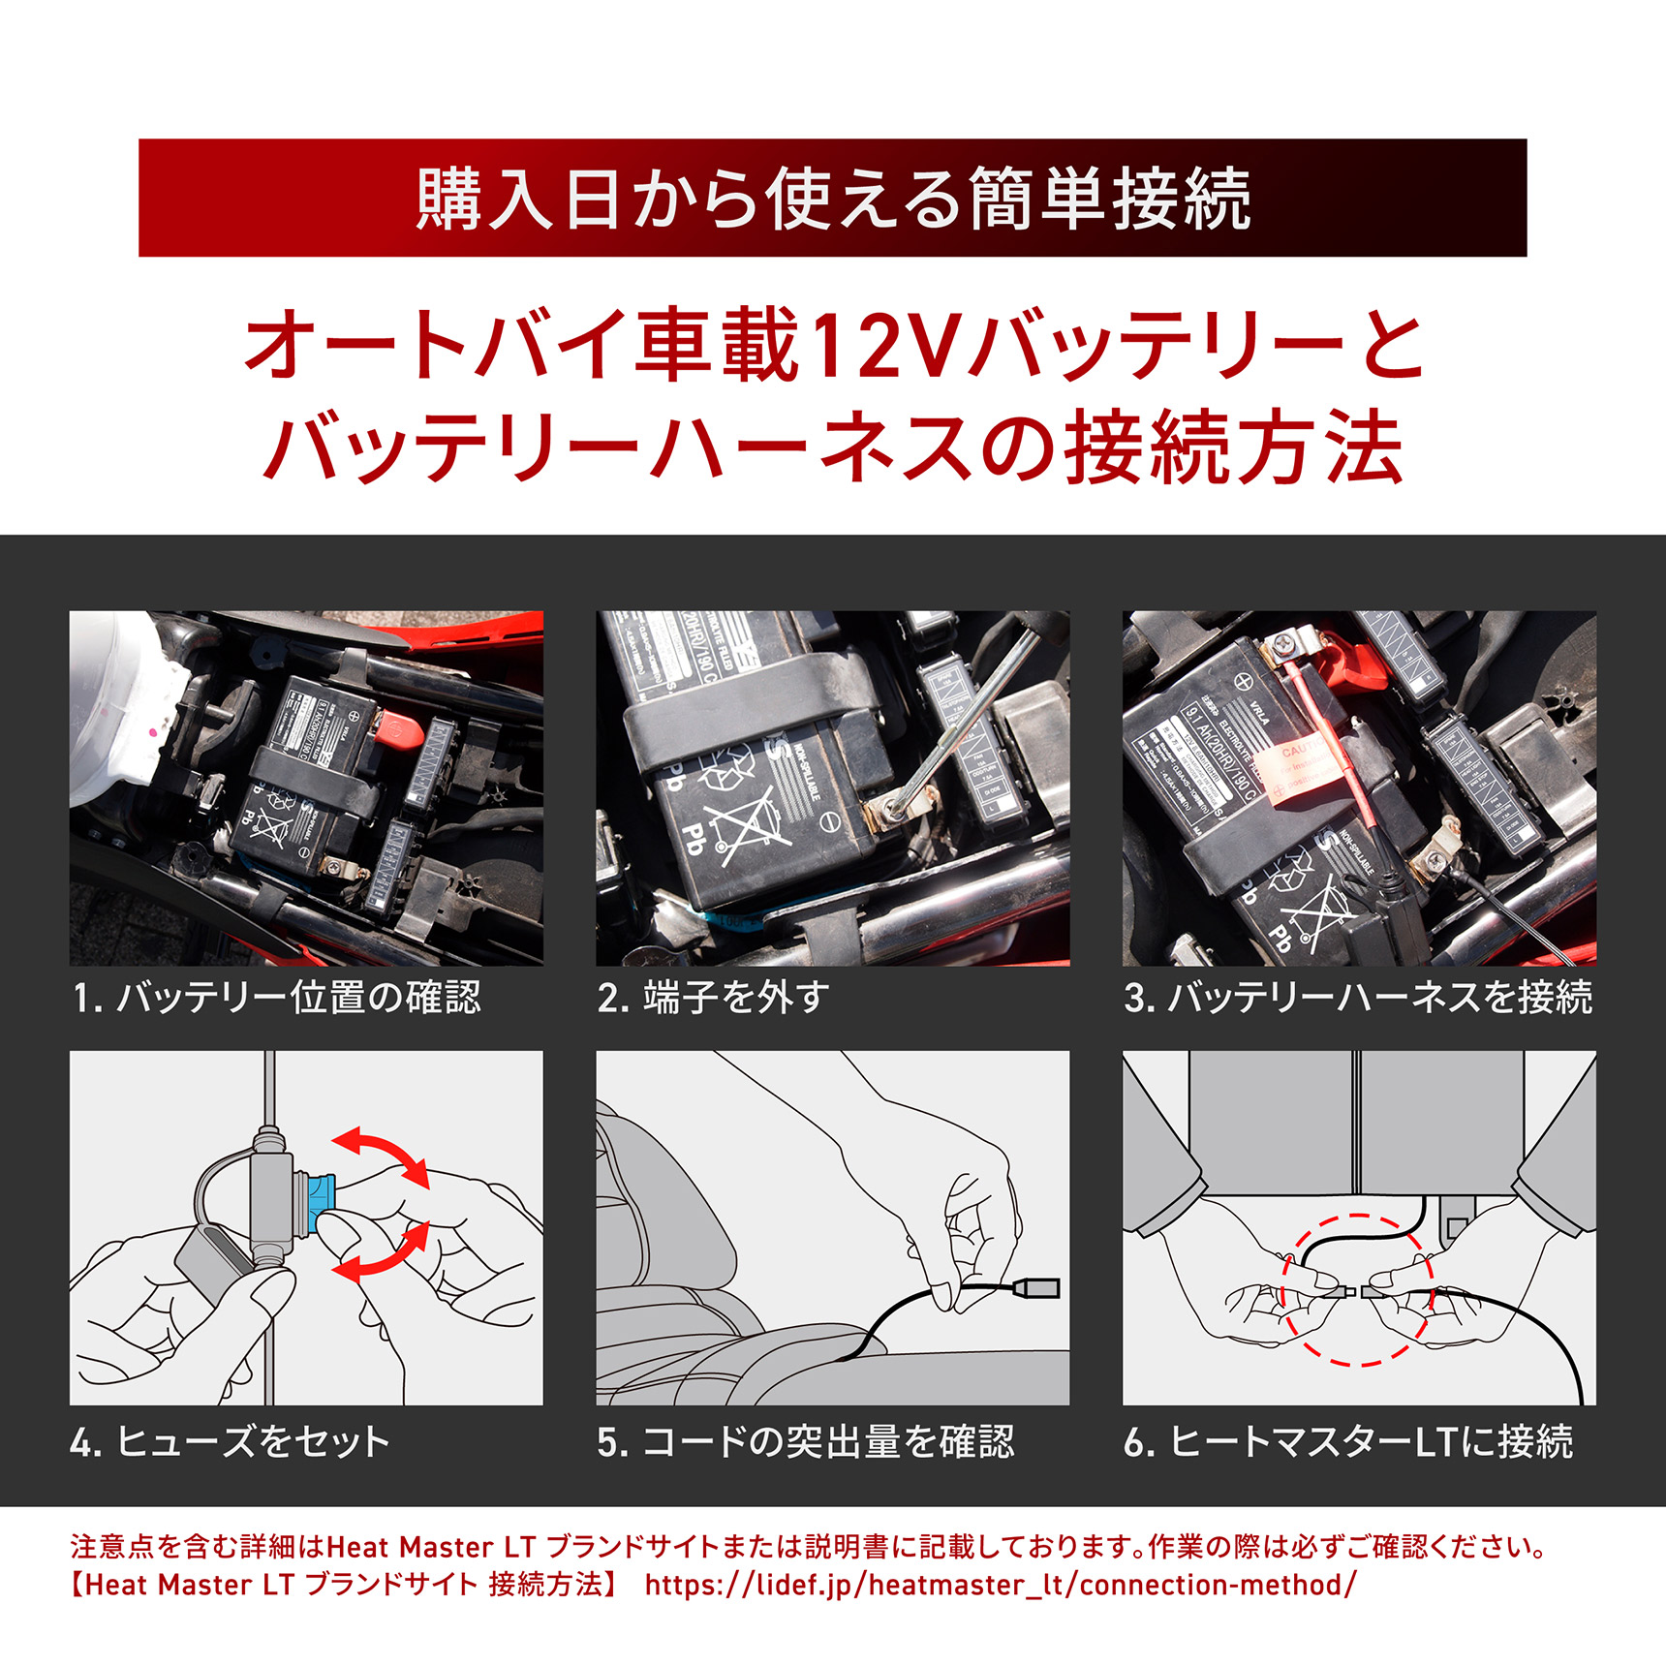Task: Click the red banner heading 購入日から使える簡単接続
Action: click(x=833, y=199)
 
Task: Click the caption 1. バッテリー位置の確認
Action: click(x=277, y=998)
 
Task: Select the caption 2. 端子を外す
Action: click(x=714, y=998)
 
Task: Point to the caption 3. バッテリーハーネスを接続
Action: click(x=1358, y=998)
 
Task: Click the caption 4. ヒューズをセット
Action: click(x=231, y=1441)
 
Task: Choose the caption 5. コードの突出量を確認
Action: click(x=806, y=1441)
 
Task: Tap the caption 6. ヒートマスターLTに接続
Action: click(x=1348, y=1441)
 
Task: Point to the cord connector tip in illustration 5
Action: click(x=1035, y=1287)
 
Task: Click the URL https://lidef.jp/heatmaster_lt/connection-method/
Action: click(x=1001, y=1585)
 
